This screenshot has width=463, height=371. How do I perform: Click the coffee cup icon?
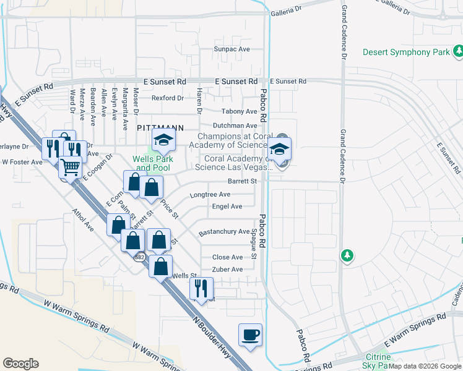pos(250,335)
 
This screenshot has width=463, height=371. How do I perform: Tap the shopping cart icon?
pos(71,168)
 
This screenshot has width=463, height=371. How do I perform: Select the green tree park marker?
pos(347,255)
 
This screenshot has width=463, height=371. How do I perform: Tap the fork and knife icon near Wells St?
pos(201,288)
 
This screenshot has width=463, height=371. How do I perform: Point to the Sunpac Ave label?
pos(231,49)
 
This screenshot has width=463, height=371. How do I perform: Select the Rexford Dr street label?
pos(168,98)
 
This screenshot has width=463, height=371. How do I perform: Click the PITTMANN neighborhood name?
pos(160,127)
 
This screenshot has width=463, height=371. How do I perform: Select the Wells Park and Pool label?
pos(152,163)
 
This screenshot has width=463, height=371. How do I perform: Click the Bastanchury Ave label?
pos(223,232)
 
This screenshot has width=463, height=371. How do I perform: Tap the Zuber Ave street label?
pos(227,270)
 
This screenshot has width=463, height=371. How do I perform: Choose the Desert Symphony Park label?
pos(406,52)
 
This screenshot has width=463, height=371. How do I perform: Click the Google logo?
pos(20,363)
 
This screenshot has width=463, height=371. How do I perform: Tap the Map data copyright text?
pos(425,366)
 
